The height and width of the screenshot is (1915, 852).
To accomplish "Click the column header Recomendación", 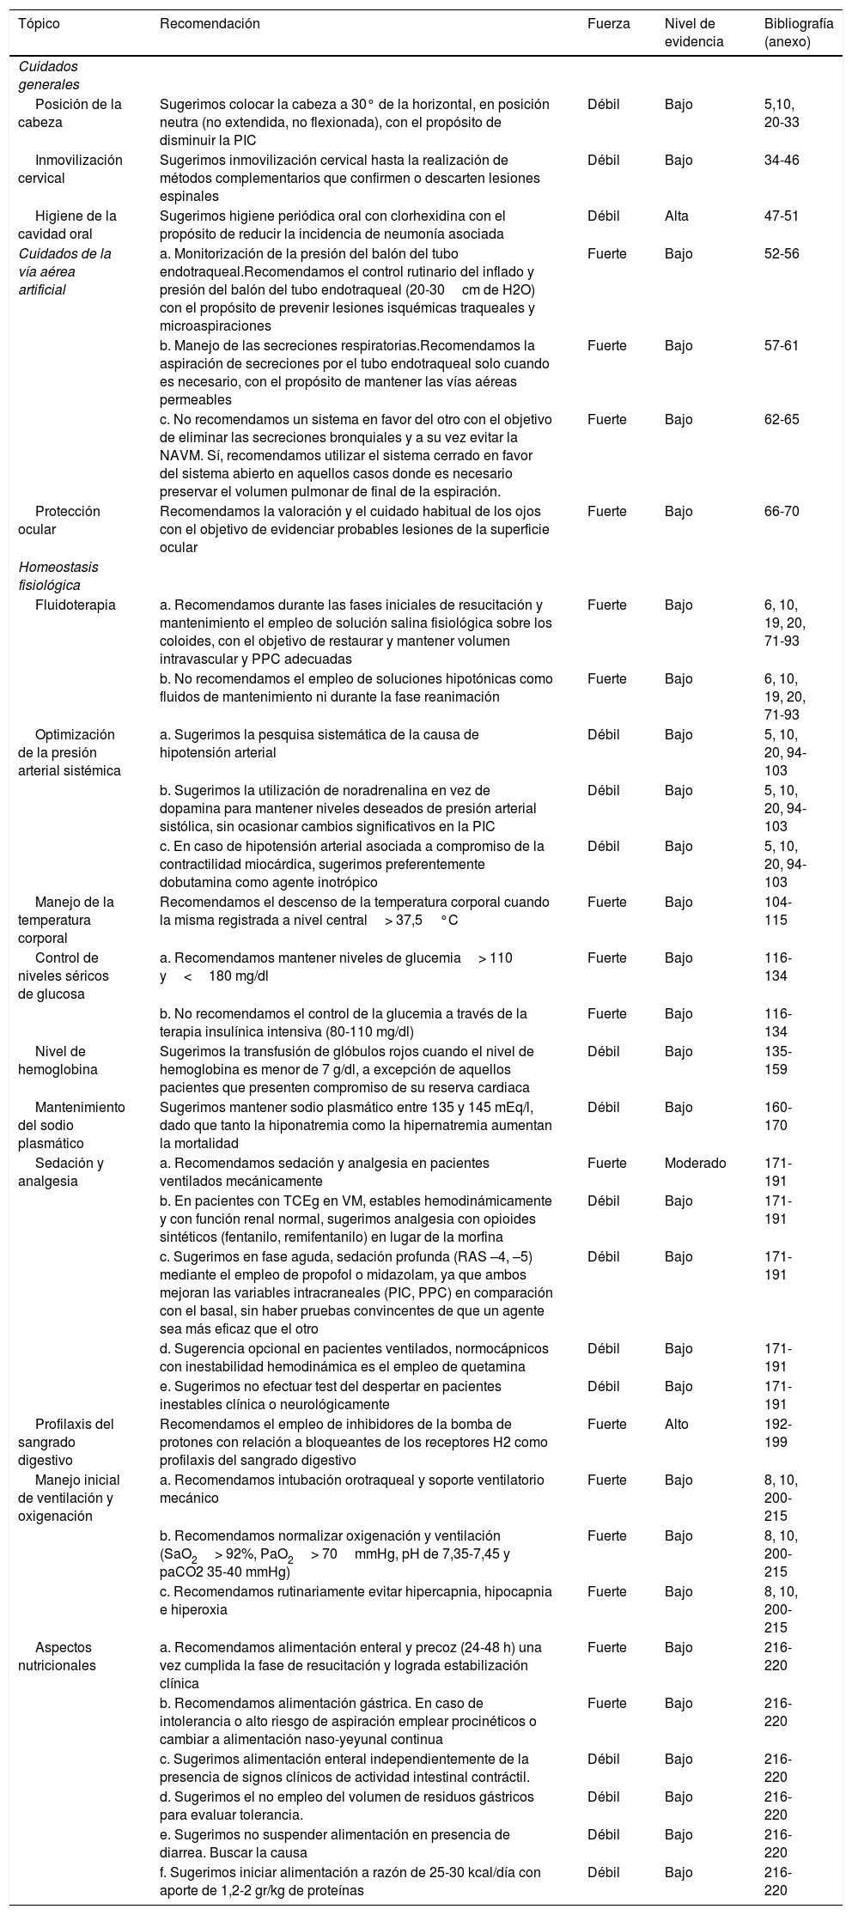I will click(x=210, y=24).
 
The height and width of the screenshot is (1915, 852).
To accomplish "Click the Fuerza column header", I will click(x=608, y=24).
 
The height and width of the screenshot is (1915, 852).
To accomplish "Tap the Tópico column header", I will click(x=39, y=24).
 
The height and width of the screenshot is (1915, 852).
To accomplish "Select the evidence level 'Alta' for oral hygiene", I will click(x=677, y=216).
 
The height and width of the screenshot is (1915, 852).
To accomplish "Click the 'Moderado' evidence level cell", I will click(x=695, y=1163).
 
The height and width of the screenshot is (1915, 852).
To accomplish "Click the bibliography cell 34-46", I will click(x=782, y=160).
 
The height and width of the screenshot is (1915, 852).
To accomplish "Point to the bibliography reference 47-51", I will click(x=782, y=216).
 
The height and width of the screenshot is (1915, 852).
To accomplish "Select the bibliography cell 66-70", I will click(x=782, y=511).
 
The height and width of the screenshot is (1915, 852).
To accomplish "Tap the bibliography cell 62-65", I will click(x=782, y=419).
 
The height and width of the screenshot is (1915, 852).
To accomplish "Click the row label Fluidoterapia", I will click(x=76, y=605).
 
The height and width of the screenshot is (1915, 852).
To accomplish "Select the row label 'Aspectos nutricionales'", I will click(x=64, y=1657).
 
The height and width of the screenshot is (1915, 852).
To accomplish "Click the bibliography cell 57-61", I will click(x=782, y=345).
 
